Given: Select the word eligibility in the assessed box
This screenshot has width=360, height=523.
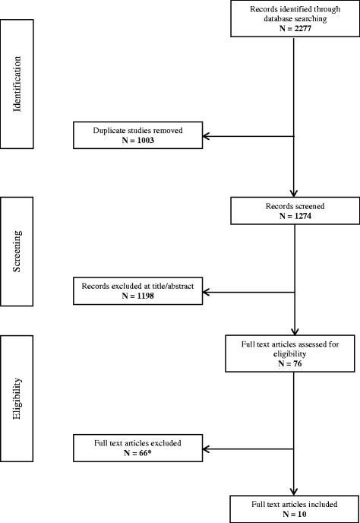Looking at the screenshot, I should [x=293, y=352].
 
